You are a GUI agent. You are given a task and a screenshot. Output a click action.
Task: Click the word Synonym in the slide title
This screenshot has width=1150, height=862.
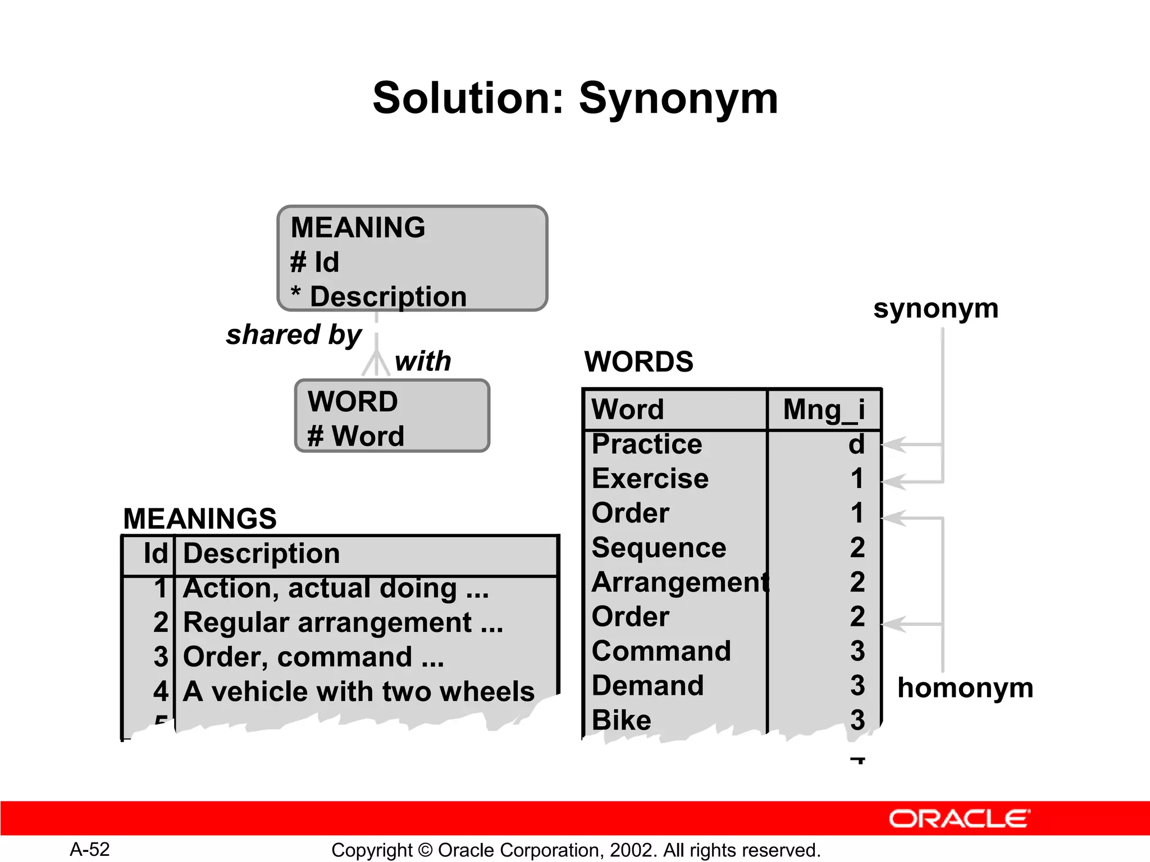(x=678, y=99)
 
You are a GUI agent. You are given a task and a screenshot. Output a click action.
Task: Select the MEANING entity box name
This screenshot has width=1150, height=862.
(x=358, y=228)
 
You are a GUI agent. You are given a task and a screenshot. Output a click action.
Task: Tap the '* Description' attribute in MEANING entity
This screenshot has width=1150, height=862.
(x=379, y=296)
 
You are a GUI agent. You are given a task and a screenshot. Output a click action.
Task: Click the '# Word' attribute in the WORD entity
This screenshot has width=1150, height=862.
(x=355, y=436)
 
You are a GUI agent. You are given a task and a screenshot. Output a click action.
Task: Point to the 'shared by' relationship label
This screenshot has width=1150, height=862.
(x=294, y=335)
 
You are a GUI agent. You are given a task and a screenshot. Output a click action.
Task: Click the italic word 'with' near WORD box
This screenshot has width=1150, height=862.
(x=423, y=361)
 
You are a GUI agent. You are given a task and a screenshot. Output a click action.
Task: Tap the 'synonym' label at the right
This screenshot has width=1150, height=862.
(x=935, y=308)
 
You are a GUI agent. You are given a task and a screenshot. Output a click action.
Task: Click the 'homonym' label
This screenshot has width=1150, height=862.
(x=965, y=687)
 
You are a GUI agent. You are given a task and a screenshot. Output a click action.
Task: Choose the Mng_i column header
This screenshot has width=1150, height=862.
(x=824, y=409)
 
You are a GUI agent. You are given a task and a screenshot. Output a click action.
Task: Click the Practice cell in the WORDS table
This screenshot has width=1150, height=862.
(x=647, y=444)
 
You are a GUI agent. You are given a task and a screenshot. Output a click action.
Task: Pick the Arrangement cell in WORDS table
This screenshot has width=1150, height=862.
(x=679, y=582)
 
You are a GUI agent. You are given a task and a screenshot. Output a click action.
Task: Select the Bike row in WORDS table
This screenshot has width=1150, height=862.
(x=622, y=720)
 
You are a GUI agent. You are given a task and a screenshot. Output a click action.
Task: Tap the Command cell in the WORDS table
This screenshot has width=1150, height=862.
(x=661, y=651)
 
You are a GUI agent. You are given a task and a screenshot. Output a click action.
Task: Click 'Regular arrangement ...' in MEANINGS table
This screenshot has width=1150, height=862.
(x=343, y=622)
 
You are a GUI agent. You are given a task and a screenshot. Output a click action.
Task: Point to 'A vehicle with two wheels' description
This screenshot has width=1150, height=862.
(x=358, y=691)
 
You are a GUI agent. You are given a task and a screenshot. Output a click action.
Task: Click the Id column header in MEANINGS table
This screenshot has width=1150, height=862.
(x=155, y=554)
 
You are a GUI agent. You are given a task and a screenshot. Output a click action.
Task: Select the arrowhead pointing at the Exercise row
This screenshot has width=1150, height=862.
(x=894, y=482)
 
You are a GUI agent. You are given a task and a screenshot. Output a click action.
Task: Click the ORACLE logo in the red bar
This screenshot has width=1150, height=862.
(x=959, y=819)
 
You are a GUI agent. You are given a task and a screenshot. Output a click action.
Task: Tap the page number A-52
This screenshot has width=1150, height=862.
(x=90, y=849)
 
